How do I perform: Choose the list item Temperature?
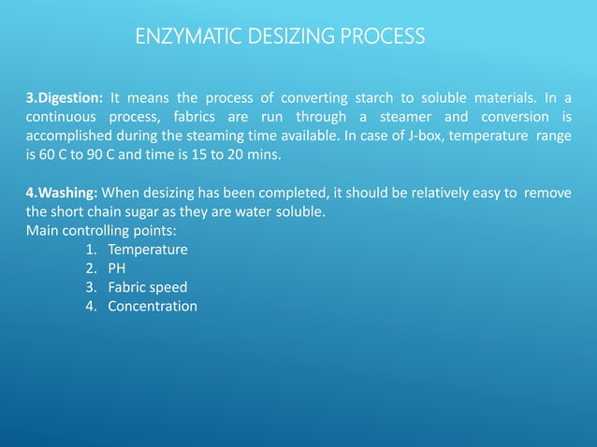coord(148,251)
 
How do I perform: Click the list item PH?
coord(117,269)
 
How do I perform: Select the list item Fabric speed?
coord(147,288)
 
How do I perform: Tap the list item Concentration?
coord(153,307)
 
